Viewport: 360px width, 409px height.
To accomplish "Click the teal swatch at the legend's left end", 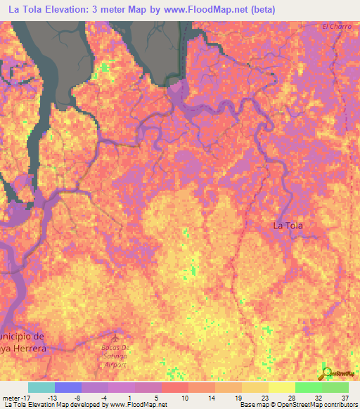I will click(x=41, y=387).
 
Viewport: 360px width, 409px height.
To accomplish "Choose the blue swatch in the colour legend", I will click(x=68, y=387).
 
